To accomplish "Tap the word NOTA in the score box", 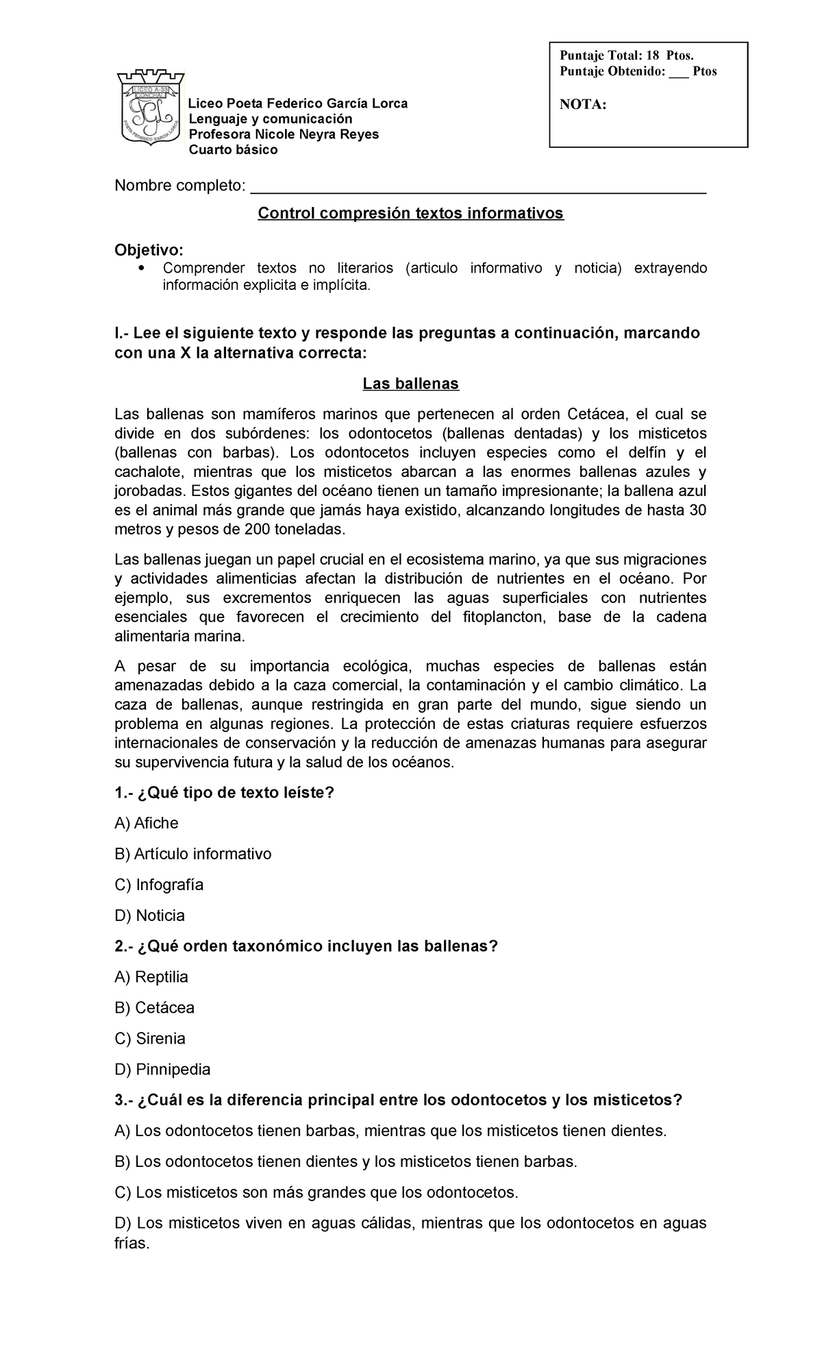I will point(583,105).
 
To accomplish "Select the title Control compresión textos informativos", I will point(410,214).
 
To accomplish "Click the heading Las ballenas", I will point(410,384).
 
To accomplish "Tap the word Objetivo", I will point(149,249).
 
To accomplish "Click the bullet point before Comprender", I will point(142,268).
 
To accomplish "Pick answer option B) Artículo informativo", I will point(193,854).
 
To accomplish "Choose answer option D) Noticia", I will point(150,915).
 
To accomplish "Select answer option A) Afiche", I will point(147,823).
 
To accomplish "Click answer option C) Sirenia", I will point(150,1039).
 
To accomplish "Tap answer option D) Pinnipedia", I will point(163,1070).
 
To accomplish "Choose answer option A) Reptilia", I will point(151,977).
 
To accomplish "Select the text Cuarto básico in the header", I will point(233,150).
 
